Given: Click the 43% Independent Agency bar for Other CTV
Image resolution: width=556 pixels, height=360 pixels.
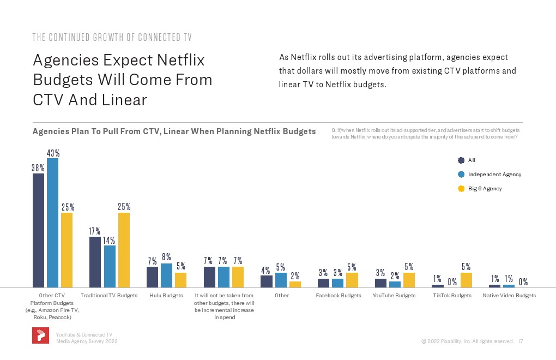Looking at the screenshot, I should [53, 223].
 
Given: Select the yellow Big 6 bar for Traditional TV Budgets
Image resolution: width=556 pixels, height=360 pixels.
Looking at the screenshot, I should [124, 250].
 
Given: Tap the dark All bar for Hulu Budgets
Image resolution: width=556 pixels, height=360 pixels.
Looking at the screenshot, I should [152, 277].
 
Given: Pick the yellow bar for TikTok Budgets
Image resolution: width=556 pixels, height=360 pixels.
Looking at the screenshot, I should [466, 280].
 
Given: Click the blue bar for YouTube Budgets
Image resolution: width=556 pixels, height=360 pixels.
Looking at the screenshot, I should [395, 284].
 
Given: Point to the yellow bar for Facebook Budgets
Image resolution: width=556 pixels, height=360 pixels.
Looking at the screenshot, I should [352, 280].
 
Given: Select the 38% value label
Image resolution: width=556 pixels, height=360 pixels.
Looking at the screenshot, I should [38, 169].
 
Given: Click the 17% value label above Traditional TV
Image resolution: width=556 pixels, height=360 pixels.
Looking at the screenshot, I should [95, 232].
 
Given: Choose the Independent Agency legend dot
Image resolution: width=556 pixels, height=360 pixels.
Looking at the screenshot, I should [461, 175].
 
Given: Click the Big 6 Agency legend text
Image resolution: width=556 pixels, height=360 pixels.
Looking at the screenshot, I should [485, 189].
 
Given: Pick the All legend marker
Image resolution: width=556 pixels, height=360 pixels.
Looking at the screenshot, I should [461, 160].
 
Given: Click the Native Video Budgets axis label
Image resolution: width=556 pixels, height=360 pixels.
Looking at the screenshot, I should [509, 296].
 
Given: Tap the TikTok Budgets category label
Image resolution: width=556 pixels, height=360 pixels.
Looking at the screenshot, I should [452, 296].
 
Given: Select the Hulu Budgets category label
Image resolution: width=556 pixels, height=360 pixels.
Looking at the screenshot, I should [166, 296].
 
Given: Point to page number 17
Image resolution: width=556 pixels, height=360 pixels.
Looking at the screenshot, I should [521, 341].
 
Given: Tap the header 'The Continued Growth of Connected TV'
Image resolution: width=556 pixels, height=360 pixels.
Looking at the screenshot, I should [112, 38].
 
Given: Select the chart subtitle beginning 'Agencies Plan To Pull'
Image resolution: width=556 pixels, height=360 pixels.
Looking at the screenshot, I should [174, 131].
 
